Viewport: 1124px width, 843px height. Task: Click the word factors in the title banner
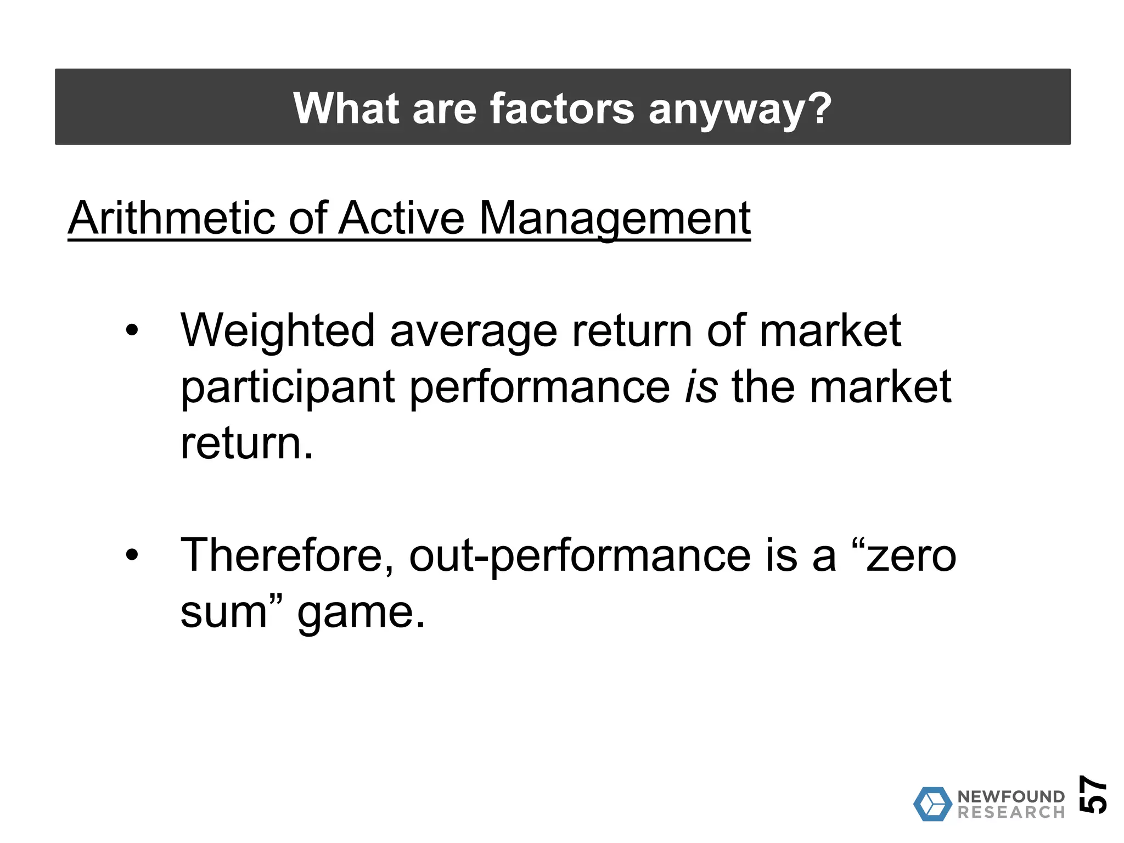(x=561, y=108)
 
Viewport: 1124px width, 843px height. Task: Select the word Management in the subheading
(x=615, y=218)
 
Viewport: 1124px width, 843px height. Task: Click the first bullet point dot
(x=132, y=331)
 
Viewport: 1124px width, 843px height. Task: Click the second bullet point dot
(x=132, y=555)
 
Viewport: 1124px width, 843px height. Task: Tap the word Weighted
(x=278, y=331)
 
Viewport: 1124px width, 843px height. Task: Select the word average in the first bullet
(x=473, y=331)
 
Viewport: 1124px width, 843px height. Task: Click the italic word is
(x=701, y=387)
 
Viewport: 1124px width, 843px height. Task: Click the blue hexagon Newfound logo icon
(x=932, y=804)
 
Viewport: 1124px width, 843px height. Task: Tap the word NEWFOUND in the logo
(x=1010, y=796)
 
